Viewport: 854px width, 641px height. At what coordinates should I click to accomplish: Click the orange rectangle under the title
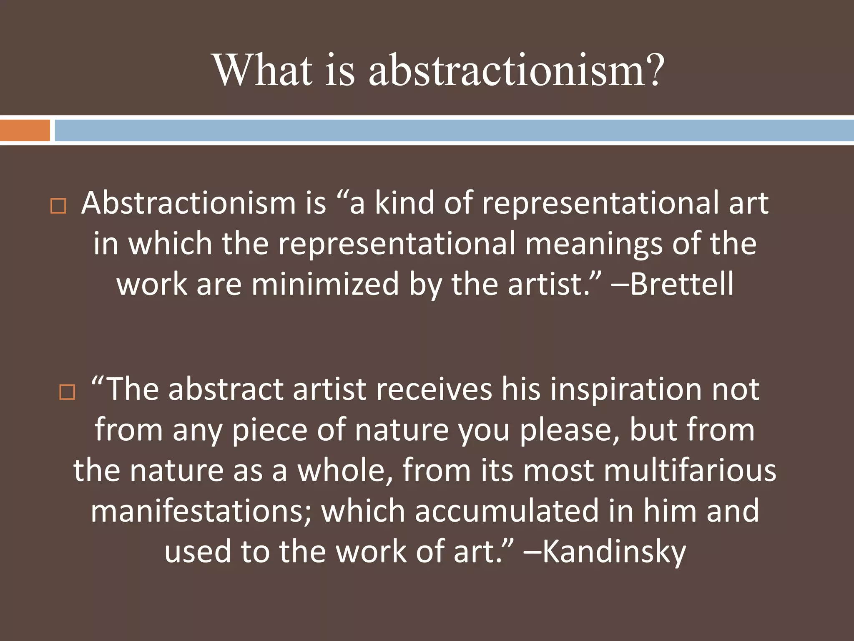(25, 130)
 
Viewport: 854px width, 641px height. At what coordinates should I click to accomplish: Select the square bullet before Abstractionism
(58, 206)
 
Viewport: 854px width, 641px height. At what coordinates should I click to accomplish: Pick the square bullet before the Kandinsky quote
(67, 392)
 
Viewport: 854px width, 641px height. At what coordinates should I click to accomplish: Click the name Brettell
(681, 284)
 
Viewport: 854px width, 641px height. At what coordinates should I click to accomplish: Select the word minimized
(325, 284)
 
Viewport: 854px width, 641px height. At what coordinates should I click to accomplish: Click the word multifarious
(690, 470)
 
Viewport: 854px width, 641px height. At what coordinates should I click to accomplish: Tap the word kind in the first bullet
(404, 203)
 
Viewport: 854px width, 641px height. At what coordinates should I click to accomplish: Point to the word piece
(269, 430)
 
